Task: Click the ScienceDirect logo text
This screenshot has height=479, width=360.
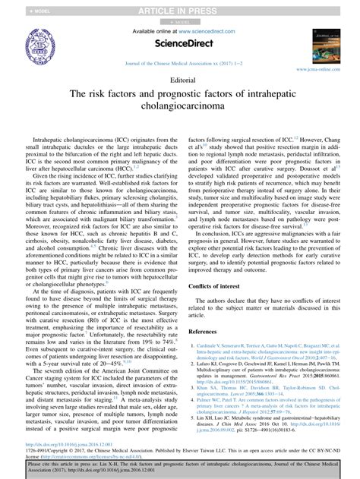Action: coord(180,43)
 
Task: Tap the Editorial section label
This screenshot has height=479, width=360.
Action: coord(180,79)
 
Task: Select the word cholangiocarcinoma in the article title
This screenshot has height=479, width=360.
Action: coord(180,109)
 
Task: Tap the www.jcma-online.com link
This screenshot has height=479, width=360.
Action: coord(325,69)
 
